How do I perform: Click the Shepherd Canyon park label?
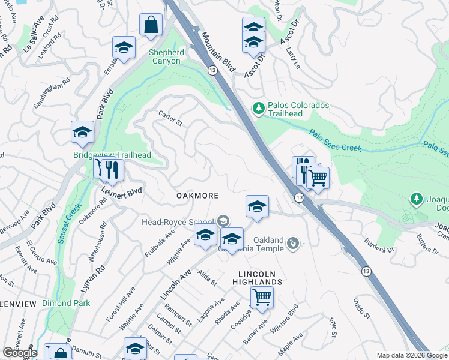[164, 56]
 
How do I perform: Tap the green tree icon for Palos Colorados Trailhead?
[259, 108]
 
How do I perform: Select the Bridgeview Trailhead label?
[112, 155]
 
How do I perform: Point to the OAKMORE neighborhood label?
[197, 196]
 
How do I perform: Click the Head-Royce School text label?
[178, 221]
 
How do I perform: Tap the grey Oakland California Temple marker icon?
[293, 242]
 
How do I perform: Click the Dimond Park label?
[66, 303]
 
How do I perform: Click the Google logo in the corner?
[20, 353]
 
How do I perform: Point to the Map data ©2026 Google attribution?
[411, 355]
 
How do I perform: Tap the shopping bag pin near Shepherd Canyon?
[151, 25]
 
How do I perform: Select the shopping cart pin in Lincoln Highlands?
[262, 296]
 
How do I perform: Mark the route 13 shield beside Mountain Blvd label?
[212, 70]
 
